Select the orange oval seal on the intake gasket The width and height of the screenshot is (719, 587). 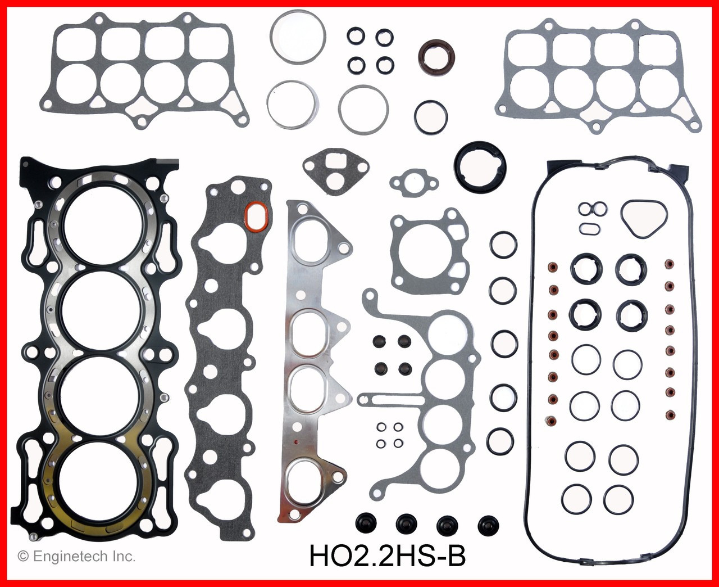coord(257,216)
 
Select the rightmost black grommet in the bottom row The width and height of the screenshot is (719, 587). coord(486,524)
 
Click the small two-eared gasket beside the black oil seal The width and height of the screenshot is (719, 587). coord(413,182)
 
